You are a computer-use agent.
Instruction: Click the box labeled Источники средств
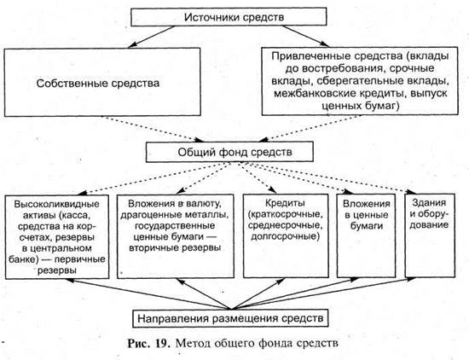[229, 17]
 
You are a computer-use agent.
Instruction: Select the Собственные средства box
[102, 82]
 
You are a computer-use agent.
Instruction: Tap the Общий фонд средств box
[229, 152]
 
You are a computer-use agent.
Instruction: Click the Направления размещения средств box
[230, 318]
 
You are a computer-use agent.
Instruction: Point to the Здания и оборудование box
[430, 235]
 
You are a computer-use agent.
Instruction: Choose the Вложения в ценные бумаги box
[366, 236]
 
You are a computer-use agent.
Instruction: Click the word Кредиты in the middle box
[285, 203]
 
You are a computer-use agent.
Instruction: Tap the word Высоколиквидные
[57, 205]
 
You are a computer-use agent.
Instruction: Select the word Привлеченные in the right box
[307, 56]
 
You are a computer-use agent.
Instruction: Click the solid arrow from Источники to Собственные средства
[151, 37]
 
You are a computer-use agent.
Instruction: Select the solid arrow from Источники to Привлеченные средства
[305, 36]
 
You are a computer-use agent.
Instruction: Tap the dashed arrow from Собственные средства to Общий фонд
[153, 129]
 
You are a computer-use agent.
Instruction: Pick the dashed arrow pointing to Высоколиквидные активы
[154, 178]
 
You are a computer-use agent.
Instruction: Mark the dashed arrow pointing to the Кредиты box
[257, 177]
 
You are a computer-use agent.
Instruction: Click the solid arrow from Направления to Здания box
[324, 293]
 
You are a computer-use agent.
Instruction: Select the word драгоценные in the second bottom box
[148, 215]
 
